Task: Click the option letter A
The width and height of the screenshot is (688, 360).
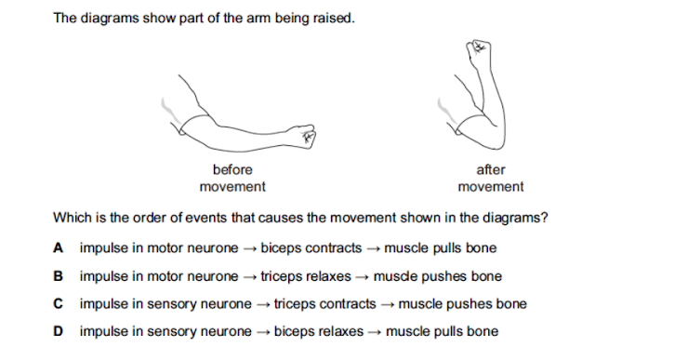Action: [x=59, y=248]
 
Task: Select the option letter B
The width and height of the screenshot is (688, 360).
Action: [x=59, y=276]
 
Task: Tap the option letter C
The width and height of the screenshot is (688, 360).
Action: [x=59, y=304]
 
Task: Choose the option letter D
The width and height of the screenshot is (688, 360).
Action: [x=59, y=332]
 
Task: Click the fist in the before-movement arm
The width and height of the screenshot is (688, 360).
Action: [x=305, y=139]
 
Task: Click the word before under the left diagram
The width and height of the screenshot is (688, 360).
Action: [x=232, y=170]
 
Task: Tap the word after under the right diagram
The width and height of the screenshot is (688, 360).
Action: [x=490, y=170]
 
